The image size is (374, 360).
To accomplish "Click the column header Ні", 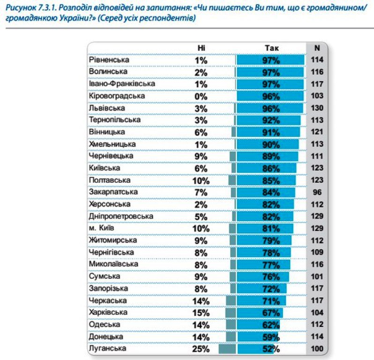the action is point(202,48).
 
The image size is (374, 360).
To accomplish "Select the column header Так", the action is point(272,48).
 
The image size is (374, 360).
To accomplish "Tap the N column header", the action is point(317,48).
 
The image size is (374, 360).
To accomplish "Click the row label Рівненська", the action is point(109,60).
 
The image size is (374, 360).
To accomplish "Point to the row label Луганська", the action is point(107,348).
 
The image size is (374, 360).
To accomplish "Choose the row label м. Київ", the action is point(101,228).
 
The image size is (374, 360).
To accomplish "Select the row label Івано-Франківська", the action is point(122,84).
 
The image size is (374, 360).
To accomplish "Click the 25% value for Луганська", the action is point(201,349).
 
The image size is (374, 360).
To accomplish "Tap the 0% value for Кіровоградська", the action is point(201,97).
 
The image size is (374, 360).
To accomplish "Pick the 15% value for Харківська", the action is point(201,313).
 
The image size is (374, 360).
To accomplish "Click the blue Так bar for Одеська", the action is point(258,325).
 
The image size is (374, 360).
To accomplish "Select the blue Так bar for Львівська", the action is point(270,108).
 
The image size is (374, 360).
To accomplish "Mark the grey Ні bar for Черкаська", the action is point(231,300).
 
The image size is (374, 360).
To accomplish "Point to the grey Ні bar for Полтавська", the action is point(232,180).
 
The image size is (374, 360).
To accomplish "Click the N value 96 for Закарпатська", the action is point(317,192).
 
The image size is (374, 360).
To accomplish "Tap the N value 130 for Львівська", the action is point(317,108).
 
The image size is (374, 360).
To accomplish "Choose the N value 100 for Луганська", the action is point(317,349).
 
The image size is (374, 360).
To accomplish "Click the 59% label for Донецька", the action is point(271,337).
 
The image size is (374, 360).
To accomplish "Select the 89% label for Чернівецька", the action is point(271,157).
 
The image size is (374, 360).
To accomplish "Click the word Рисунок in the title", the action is point(21,7).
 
